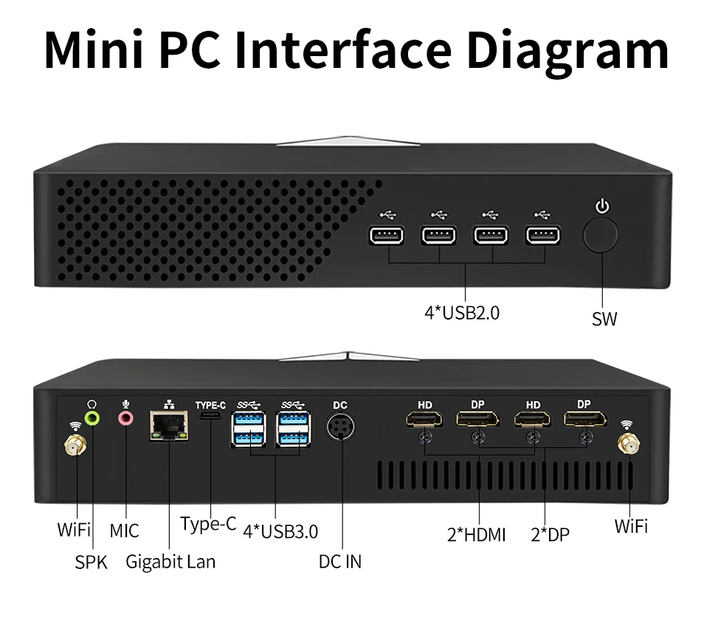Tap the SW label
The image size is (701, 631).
point(604,319)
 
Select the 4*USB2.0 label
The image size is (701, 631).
point(462,312)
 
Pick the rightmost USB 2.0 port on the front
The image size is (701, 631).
point(543,236)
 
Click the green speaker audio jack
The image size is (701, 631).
point(92,418)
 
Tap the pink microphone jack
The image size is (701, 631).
point(126,418)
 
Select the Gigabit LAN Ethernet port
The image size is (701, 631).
point(168,426)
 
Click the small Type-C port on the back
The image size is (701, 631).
point(211,417)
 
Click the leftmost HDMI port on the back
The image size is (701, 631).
point(424,421)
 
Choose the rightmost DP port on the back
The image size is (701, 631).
point(584,421)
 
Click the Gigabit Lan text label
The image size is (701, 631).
point(170,562)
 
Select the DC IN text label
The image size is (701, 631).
point(340,562)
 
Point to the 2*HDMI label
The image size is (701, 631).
point(477,534)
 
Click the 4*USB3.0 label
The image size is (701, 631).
point(280,531)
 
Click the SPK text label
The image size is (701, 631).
point(91,562)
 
